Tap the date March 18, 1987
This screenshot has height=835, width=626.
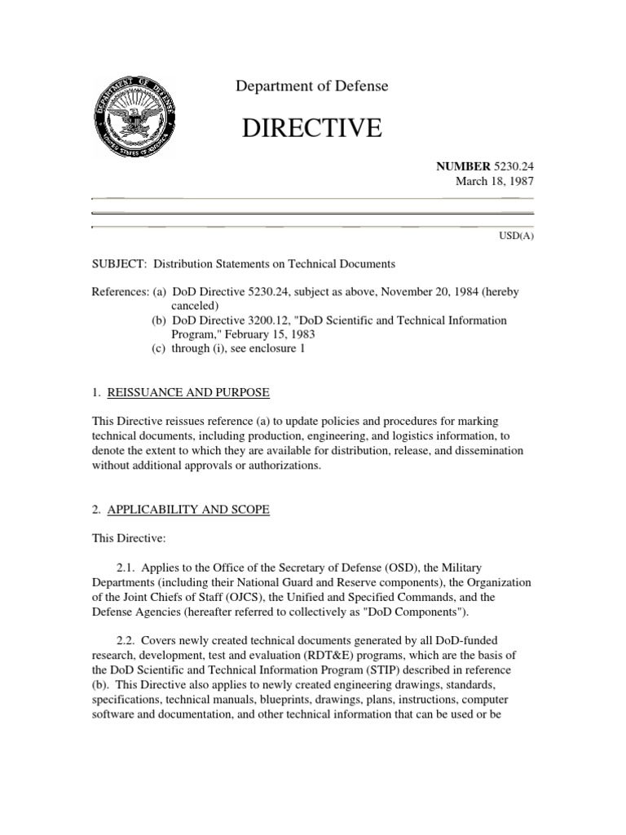click(493, 180)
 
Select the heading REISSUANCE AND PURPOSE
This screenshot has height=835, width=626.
click(187, 393)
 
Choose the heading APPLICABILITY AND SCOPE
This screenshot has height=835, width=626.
click(187, 510)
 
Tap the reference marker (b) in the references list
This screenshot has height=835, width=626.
click(159, 320)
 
